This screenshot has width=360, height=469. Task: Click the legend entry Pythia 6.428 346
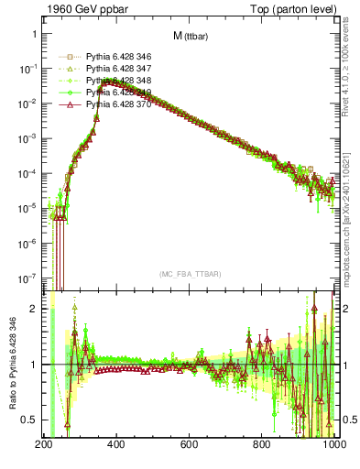pyautogui.click(x=116, y=57)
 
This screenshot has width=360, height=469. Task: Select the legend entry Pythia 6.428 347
pyautogui.click(x=116, y=69)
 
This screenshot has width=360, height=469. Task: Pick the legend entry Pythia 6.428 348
pyautogui.click(x=116, y=81)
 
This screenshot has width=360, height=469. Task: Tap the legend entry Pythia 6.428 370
pyautogui.click(x=116, y=105)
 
